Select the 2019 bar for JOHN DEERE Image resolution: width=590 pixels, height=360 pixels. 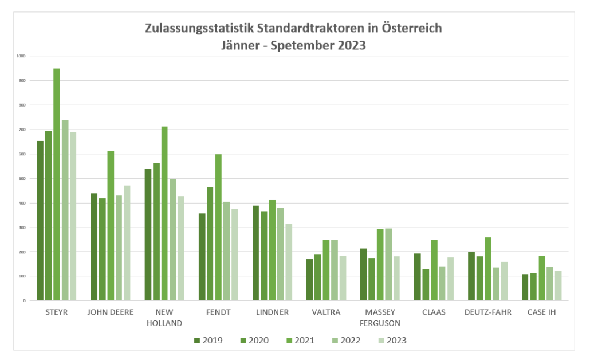click(94, 247)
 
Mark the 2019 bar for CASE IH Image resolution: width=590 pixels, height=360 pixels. click(525, 287)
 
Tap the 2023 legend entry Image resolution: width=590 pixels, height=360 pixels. click(391, 341)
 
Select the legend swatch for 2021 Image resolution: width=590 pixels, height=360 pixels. click(289, 341)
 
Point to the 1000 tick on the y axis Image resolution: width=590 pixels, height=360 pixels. click(21, 56)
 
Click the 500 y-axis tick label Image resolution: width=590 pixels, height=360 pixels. click(22, 178)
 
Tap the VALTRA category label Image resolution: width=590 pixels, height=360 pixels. click(326, 312)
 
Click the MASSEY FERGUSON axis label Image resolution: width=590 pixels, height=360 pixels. click(379, 318)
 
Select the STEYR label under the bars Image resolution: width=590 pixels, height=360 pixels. click(56, 312)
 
